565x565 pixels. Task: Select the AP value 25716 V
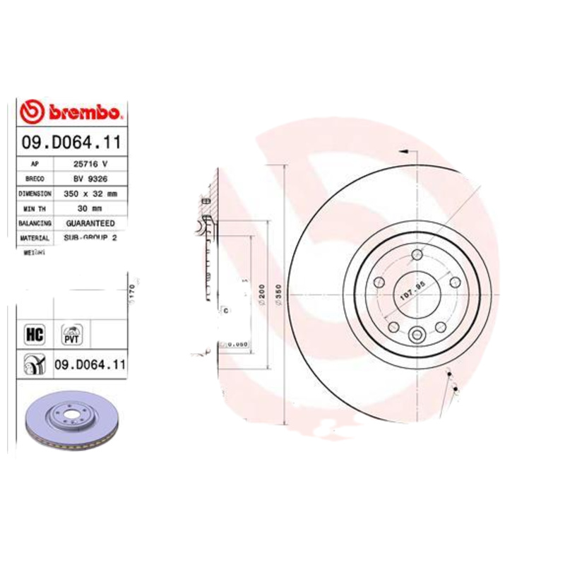point(90,164)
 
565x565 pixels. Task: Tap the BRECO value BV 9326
point(90,179)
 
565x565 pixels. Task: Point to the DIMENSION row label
point(35,194)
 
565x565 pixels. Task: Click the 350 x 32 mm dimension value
point(90,194)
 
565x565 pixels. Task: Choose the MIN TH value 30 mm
point(90,208)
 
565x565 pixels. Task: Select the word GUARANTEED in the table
point(90,223)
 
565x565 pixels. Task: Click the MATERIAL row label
point(35,238)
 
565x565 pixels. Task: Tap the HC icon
point(34,333)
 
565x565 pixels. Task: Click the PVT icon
point(72,333)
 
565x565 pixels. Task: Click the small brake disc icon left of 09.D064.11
point(33,365)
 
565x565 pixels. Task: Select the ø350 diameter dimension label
point(280,293)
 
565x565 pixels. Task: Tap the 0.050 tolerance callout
point(239,345)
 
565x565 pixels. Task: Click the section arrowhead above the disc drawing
point(403,151)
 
